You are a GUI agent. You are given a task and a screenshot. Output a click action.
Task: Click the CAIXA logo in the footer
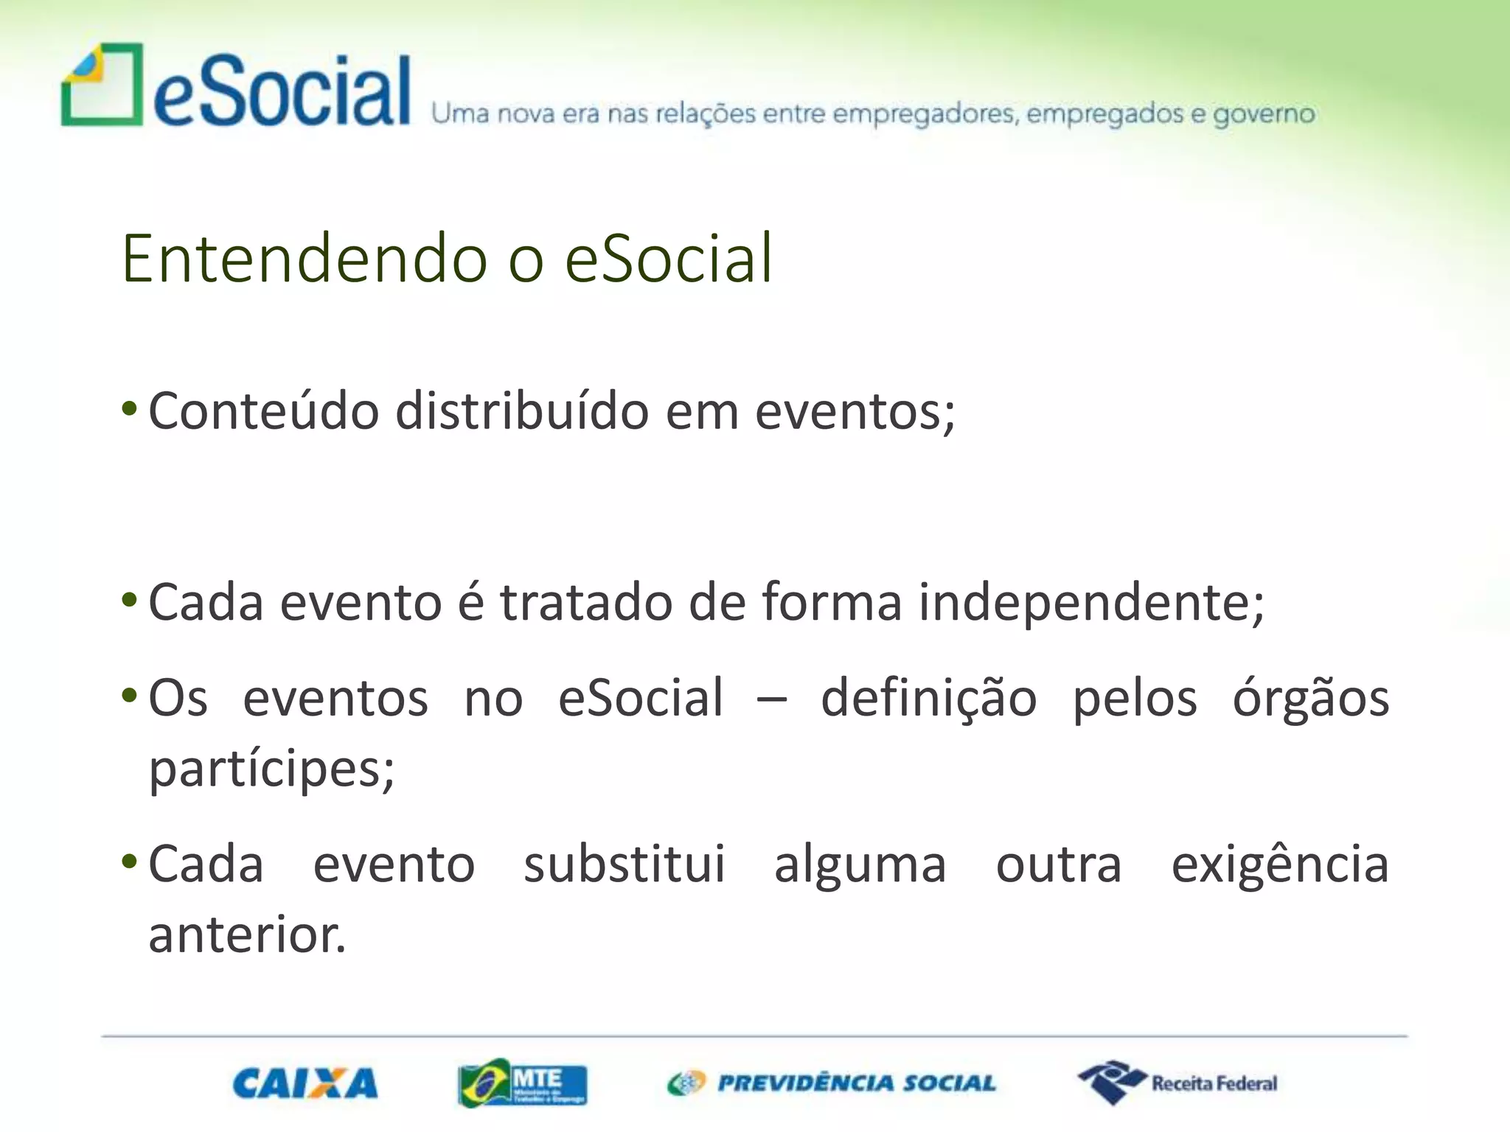pyautogui.click(x=305, y=1083)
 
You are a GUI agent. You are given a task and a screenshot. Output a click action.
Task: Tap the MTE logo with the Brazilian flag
pyautogui.click(x=522, y=1083)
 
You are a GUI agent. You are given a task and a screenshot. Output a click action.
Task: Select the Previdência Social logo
pyautogui.click(x=831, y=1083)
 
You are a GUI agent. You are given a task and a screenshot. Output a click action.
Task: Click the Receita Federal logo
pyautogui.click(x=1177, y=1083)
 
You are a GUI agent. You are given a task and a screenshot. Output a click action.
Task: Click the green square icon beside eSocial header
pyautogui.click(x=102, y=85)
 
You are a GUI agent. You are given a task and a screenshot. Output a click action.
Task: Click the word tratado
pyautogui.click(x=586, y=602)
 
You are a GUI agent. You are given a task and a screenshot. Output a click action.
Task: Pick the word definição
pyautogui.click(x=928, y=698)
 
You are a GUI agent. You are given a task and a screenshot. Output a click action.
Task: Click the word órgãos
pyautogui.click(x=1310, y=698)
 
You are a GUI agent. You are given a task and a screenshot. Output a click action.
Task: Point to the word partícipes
pyautogui.click(x=271, y=769)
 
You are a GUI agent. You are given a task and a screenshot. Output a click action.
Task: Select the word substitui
pyautogui.click(x=624, y=864)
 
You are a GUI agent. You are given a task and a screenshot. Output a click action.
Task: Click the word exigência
pyautogui.click(x=1279, y=864)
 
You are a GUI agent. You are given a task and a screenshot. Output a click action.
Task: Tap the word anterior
pyautogui.click(x=247, y=934)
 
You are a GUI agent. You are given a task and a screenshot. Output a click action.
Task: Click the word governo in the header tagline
pyautogui.click(x=1264, y=114)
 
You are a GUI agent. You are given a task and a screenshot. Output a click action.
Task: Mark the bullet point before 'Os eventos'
pyautogui.click(x=129, y=695)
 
